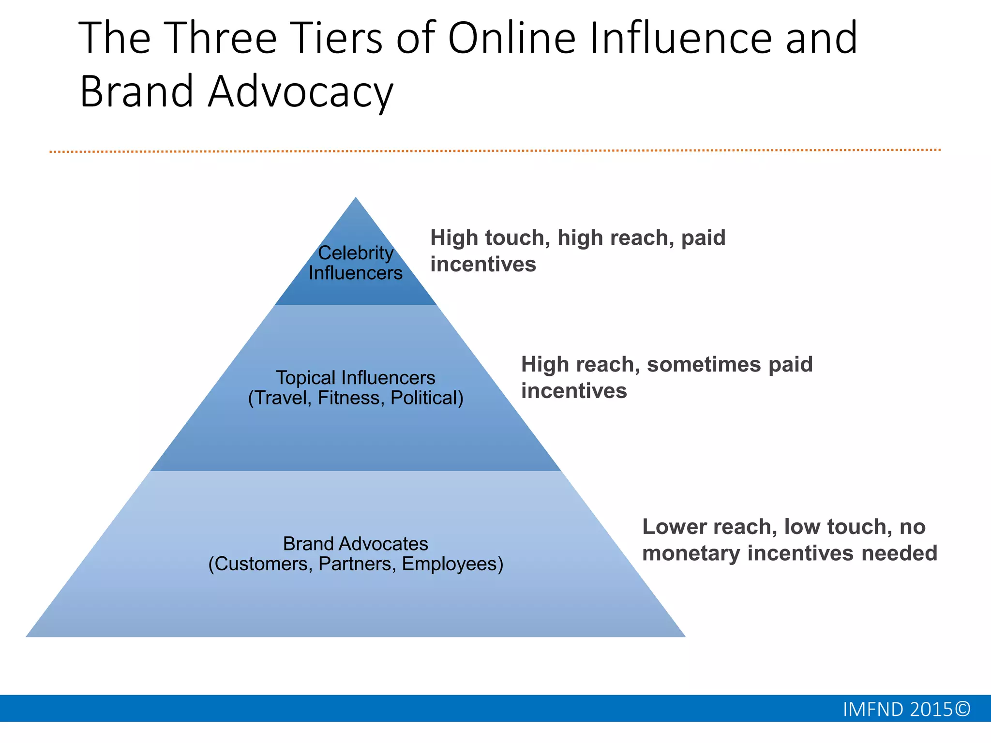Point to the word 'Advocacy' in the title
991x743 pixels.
300,92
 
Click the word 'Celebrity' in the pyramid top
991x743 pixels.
356,253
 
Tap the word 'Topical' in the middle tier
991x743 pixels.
305,377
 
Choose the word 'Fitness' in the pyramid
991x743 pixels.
351,398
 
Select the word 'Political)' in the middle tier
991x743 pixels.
427,398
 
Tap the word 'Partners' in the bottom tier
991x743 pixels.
357,564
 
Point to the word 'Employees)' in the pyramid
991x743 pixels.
452,564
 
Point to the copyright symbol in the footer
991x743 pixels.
962,709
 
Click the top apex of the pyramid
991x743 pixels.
356,198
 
